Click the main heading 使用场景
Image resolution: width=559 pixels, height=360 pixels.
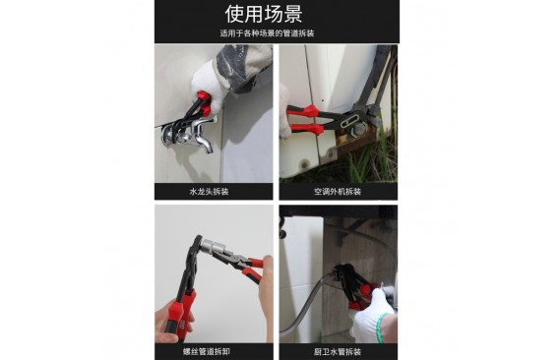(x=264, y=14)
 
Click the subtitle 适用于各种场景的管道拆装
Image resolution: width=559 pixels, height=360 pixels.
(x=267, y=33)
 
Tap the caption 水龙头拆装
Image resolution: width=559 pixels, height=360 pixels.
(x=209, y=192)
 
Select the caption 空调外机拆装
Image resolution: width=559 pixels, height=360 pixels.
(x=338, y=192)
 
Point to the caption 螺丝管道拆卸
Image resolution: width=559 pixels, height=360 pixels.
(x=207, y=352)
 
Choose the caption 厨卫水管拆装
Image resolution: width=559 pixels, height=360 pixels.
(x=338, y=352)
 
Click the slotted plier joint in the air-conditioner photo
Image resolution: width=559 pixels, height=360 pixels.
(x=348, y=124)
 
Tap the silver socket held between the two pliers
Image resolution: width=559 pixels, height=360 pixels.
(x=211, y=247)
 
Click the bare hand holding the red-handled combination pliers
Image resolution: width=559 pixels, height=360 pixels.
(x=267, y=285)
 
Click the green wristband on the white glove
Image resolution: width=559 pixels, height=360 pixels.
(x=382, y=328)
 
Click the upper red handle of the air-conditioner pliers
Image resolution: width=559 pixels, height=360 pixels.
(x=303, y=111)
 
